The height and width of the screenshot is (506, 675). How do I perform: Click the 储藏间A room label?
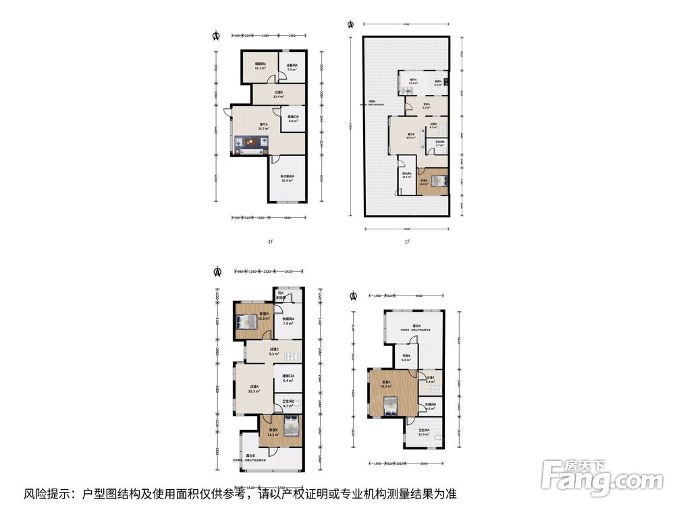point(260,65)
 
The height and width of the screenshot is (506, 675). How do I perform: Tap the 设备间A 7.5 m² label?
point(292,67)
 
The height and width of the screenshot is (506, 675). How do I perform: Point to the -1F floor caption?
point(269,242)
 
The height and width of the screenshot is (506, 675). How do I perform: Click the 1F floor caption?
point(407,242)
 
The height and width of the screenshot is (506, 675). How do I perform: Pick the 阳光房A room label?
point(407,175)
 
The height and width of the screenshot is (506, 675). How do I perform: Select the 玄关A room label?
point(426,105)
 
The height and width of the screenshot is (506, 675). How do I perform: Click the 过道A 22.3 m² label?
point(254,389)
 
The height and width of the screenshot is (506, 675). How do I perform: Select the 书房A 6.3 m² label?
point(406,358)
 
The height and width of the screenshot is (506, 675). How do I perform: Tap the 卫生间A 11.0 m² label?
point(424,432)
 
